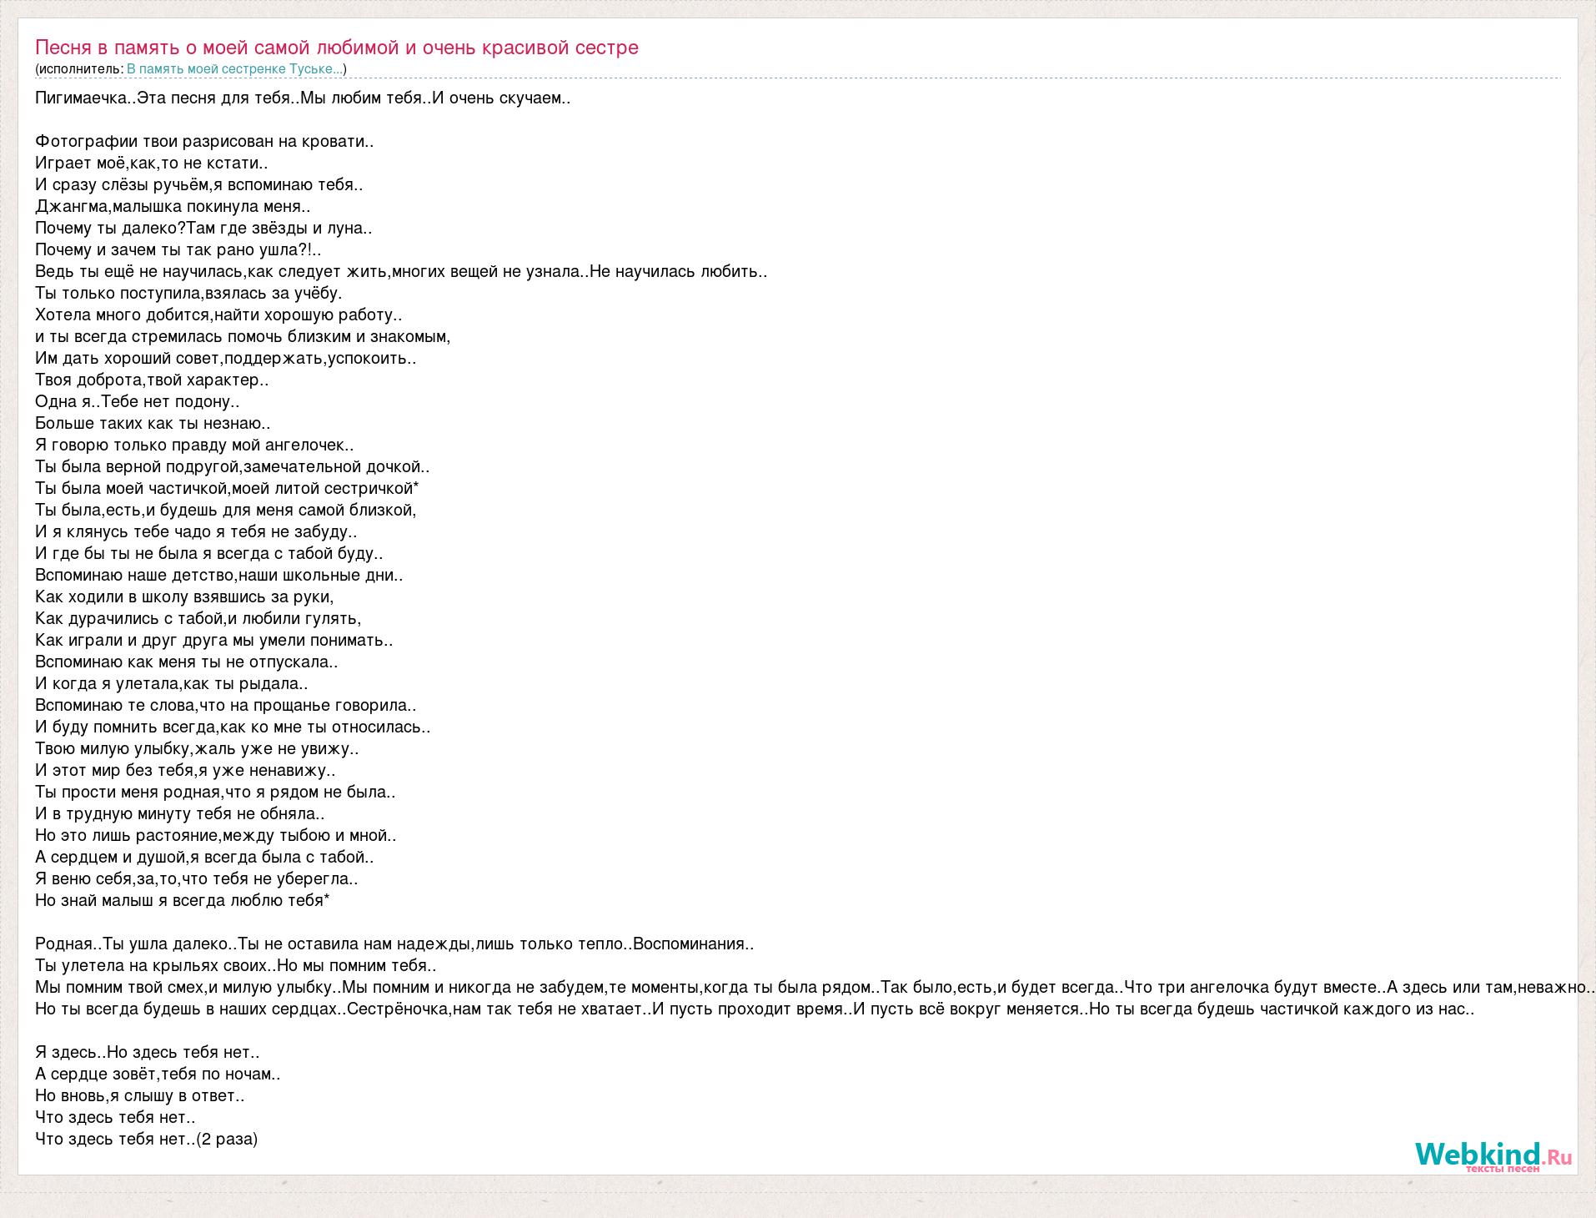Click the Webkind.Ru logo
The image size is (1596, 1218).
[1493, 1156]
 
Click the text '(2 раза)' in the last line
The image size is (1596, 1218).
[227, 1139]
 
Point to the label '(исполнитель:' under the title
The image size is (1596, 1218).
[79, 69]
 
